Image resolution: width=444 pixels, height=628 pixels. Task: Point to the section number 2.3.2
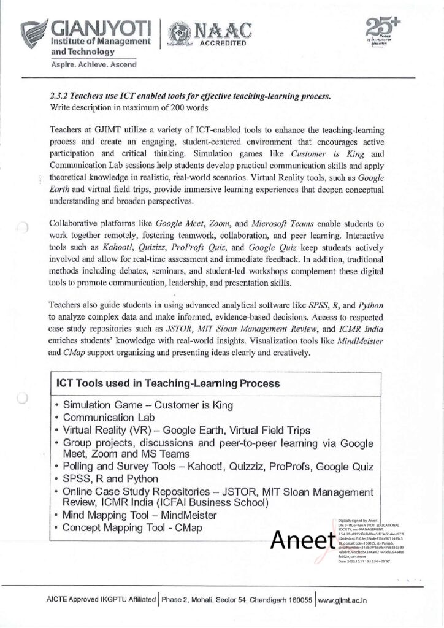coord(59,97)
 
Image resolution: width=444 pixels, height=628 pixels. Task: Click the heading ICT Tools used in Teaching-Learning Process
coord(169,383)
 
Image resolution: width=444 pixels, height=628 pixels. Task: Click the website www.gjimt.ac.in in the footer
coord(351,598)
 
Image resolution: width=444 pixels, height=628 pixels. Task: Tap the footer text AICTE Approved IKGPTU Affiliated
coord(101,598)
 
